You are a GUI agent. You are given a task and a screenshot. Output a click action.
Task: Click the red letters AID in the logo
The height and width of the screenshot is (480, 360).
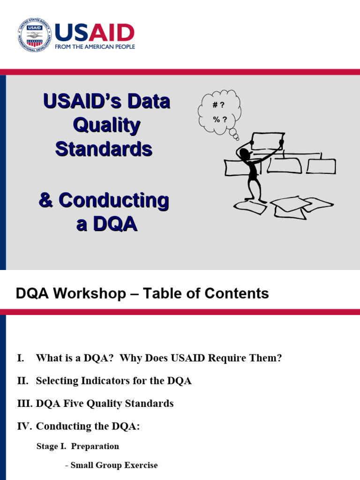click(112, 33)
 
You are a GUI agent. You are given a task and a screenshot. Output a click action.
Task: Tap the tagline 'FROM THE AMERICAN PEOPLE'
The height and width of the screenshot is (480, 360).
click(95, 47)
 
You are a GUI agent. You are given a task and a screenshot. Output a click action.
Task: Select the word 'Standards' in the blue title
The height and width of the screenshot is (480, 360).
click(104, 149)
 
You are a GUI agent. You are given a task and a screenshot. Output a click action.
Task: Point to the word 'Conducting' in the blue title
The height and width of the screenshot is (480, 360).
click(113, 201)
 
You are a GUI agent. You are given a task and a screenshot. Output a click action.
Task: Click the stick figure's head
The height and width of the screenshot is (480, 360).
click(244, 154)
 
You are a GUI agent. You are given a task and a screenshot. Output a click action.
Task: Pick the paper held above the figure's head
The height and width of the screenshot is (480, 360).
click(268, 141)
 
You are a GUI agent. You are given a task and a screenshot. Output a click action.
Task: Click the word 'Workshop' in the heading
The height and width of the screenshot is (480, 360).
click(97, 294)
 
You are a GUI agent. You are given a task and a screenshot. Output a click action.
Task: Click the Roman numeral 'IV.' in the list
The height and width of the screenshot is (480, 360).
click(24, 427)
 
